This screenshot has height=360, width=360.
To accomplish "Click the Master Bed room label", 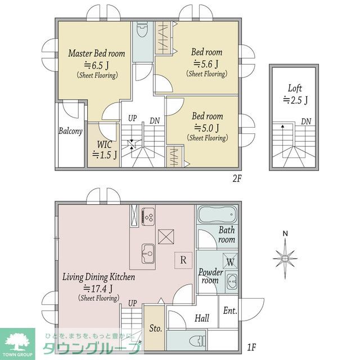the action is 97,53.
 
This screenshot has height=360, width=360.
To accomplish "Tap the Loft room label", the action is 295,88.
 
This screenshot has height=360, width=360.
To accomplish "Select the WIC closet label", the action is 105,145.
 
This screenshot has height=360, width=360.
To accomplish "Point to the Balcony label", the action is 70,131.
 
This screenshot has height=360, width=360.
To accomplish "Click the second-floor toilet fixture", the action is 142,30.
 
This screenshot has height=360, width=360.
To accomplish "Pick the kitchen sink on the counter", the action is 148,254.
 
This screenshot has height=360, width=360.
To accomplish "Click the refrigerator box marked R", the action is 183,260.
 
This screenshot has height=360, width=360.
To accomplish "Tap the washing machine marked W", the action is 230,261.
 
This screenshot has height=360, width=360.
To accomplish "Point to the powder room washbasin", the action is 232,282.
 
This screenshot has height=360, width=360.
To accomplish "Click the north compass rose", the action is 285,258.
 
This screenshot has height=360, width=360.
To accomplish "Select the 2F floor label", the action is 237,178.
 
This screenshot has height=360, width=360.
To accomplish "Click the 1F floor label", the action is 251,347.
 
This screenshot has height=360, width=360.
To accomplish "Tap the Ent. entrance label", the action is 230,311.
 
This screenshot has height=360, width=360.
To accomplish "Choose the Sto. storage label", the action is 156,328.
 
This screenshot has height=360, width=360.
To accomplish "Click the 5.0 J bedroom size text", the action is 206,128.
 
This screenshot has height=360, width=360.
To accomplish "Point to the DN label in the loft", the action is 306,121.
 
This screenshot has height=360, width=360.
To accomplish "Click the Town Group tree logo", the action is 17,342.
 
